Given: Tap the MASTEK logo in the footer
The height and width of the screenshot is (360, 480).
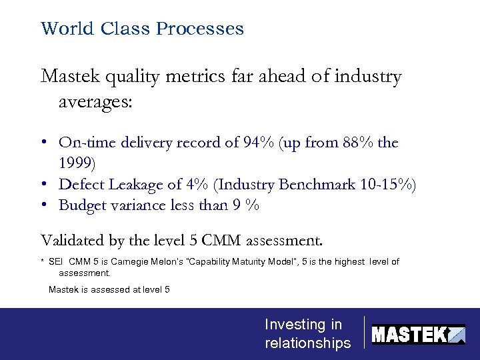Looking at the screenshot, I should [x=418, y=333].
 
